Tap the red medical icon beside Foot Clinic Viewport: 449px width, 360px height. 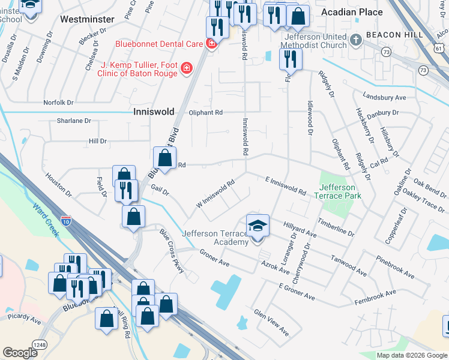(186, 69)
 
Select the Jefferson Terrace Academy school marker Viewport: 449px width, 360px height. (258, 226)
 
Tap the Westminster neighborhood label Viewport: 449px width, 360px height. (87, 19)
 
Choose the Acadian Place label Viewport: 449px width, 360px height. (351, 12)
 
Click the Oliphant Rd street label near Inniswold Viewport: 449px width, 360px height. (206, 112)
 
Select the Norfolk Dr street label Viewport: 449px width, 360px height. (58, 103)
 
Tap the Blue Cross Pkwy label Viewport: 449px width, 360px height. (172, 254)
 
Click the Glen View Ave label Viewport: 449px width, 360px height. (271, 322)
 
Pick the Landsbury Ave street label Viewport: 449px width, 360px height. (385, 97)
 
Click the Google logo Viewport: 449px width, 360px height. (20, 353)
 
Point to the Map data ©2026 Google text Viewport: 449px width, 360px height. (411, 355)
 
